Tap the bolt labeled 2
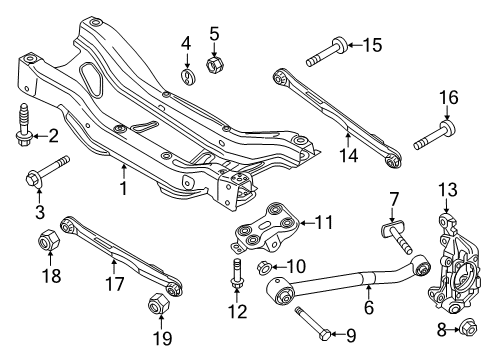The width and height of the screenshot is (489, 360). pyautogui.click(x=21, y=125)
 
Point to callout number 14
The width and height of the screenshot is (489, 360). pyautogui.click(x=346, y=156)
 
